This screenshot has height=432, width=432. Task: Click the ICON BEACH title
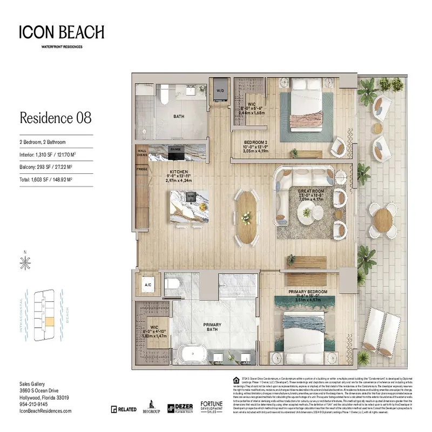[x=61, y=32]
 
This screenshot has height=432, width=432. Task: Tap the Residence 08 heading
[x=55, y=117]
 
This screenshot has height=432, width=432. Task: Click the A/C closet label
[x=147, y=283]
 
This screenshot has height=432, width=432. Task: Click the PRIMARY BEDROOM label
[x=308, y=292]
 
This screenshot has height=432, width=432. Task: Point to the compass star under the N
[x=24, y=263]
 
